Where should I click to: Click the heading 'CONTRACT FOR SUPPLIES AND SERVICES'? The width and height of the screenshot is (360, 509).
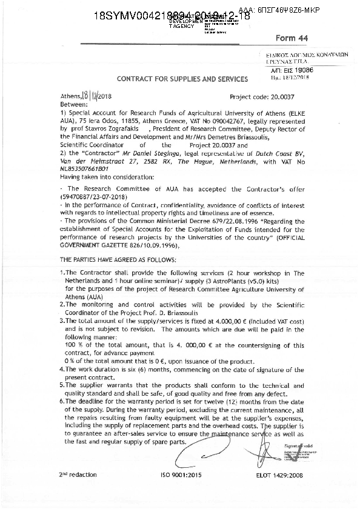pyautogui.click(x=182, y=79)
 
